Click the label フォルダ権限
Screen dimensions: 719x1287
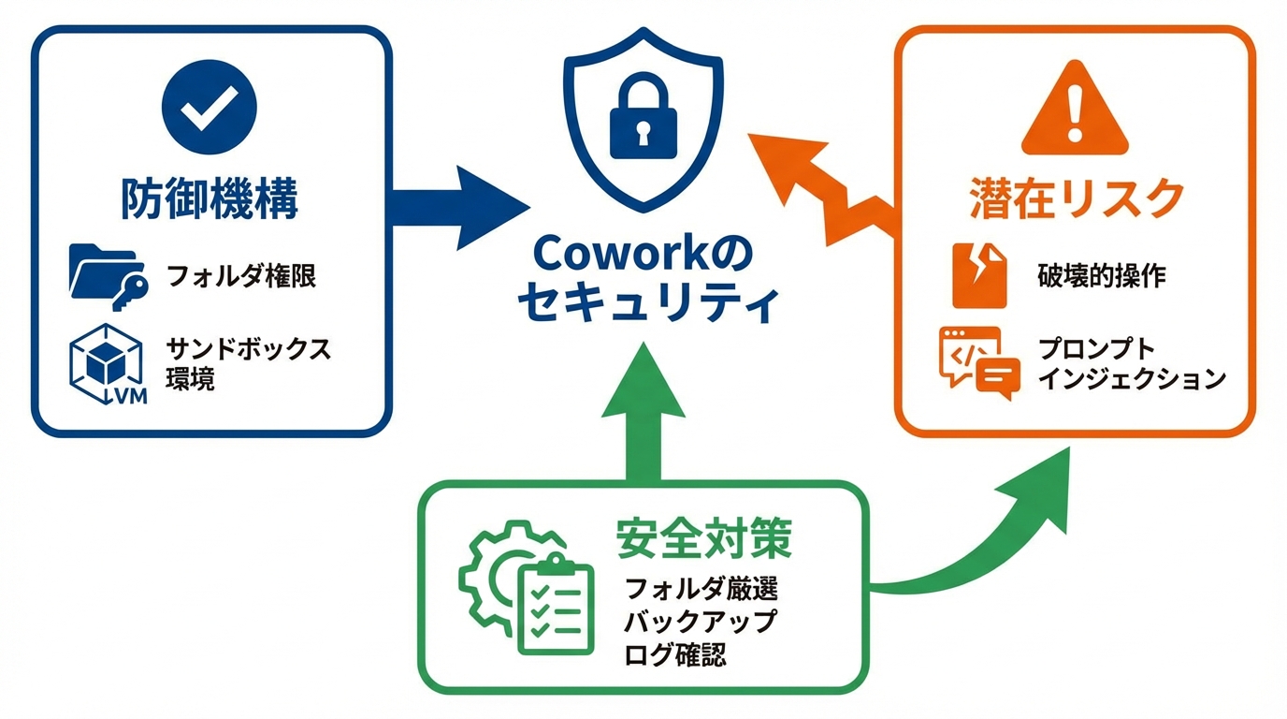(240, 276)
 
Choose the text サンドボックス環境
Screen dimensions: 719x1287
(247, 363)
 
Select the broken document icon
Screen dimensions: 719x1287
(978, 275)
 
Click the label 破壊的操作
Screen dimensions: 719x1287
(1101, 275)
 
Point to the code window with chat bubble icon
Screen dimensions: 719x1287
(976, 363)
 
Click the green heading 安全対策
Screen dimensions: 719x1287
(704, 537)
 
